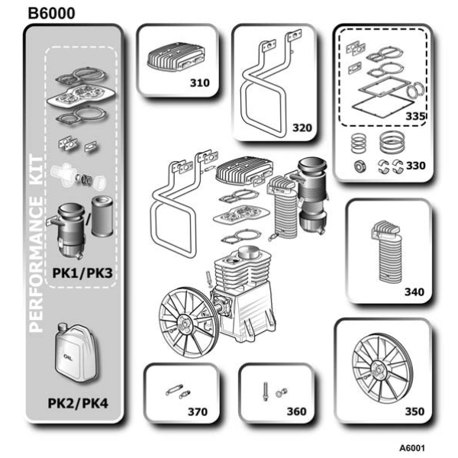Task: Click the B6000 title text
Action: click(x=51, y=14)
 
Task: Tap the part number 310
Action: click(x=200, y=82)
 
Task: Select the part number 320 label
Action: click(x=302, y=127)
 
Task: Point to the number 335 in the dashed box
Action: click(x=415, y=116)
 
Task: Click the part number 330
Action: click(x=416, y=166)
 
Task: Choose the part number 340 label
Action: click(x=414, y=292)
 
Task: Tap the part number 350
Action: click(x=414, y=411)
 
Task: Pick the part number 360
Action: click(x=296, y=411)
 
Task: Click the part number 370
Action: click(x=198, y=411)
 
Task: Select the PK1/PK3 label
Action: click(x=82, y=273)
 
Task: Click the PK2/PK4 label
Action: click(x=78, y=403)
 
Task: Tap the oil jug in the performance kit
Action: click(x=76, y=353)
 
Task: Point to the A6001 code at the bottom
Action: click(x=412, y=448)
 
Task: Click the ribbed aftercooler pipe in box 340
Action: click(x=388, y=252)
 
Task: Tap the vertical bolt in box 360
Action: click(x=266, y=392)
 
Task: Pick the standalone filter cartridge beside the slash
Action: click(x=102, y=217)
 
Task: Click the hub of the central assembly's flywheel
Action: click(x=184, y=322)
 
